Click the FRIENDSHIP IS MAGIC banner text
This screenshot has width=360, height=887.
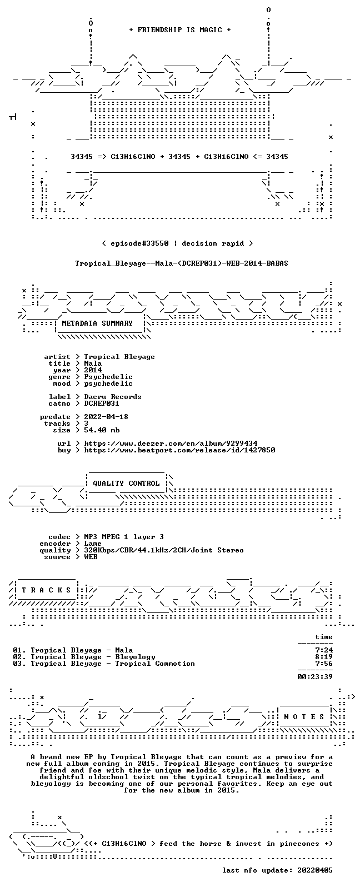pos(180,30)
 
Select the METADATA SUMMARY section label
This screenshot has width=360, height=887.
pos(97,323)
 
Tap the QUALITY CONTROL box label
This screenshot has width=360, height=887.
pos(126,483)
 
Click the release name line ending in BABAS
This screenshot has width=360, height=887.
pos(182,263)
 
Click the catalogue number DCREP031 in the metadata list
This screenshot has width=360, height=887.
pos(102,403)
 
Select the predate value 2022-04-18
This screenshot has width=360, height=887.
pos(106,417)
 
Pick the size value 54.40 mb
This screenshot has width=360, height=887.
pos(102,430)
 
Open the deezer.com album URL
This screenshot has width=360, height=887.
pos(171,443)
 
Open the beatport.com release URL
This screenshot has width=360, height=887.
pos(179,450)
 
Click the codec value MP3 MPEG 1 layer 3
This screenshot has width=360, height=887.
pos(124,537)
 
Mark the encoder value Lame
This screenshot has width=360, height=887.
pos(93,544)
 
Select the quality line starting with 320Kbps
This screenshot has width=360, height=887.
pos(164,550)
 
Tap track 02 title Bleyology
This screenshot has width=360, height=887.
pos(135,657)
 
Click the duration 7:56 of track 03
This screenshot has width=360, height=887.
pos(324,664)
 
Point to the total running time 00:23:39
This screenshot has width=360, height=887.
pos(315,677)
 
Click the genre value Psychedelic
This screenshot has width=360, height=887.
pos(108,377)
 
